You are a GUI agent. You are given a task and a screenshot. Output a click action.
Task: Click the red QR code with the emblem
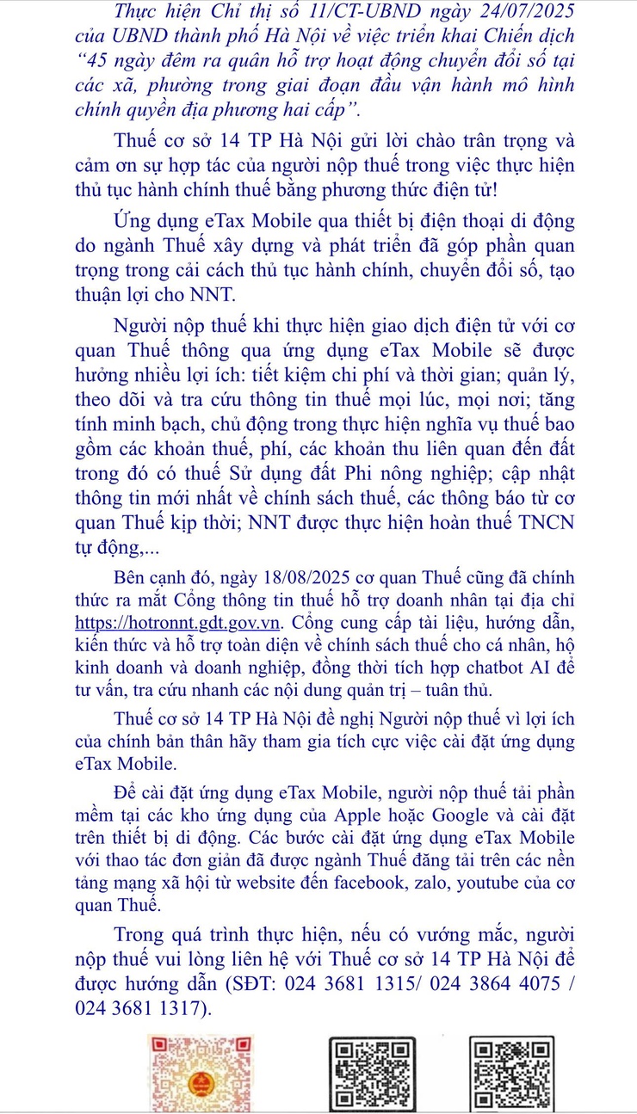[x=192, y=1074]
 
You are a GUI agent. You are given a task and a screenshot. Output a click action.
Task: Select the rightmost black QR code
[x=512, y=1076]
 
